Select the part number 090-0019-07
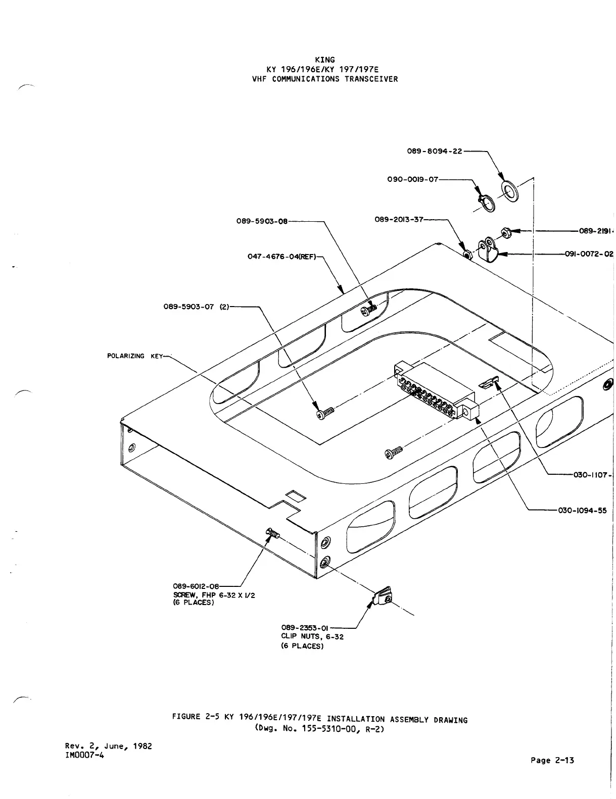pos(412,179)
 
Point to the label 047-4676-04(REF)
pos(281,256)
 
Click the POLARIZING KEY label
pos(135,357)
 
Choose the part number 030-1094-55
pos(582,510)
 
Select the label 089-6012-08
pos(196,586)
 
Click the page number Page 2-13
pos(552,760)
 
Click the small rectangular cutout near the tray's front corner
pos(296,495)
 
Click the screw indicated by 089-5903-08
pos(369,309)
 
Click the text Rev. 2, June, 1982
pos(109,745)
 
